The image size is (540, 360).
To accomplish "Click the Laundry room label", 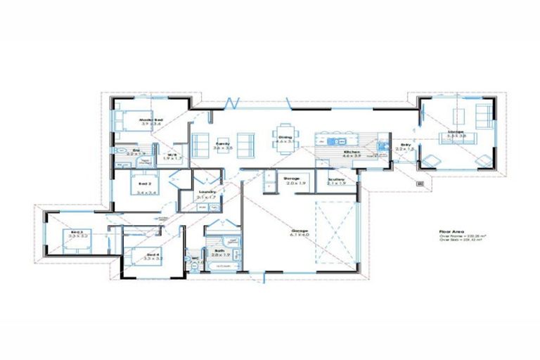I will tap(207, 192).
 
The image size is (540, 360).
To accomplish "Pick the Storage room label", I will tap(292, 179).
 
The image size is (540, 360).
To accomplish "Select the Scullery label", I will tap(335, 180).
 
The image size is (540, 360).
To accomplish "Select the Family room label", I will tap(222, 143).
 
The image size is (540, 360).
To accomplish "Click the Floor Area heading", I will tap(449, 230).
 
